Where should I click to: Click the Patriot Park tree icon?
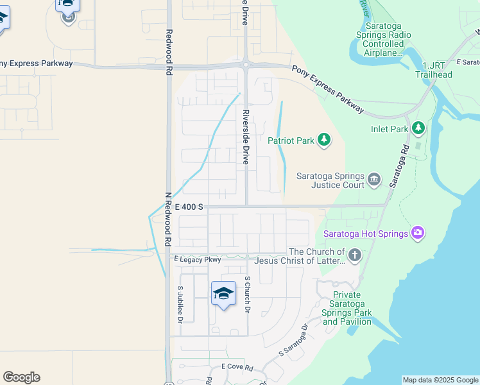pos(325,140)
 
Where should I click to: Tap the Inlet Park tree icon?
pos(418,129)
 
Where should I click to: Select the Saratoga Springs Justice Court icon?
pos(374,178)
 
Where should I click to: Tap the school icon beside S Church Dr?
pos(223,293)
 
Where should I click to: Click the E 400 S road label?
pos(190,207)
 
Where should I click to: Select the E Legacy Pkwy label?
pos(198,259)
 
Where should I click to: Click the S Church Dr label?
pos(247,295)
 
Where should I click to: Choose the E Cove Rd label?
pos(237,367)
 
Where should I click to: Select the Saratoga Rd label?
pos(397,165)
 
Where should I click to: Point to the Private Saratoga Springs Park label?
pos(347,308)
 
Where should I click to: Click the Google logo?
pos(21,377)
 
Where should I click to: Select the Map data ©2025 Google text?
pos(440,380)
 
